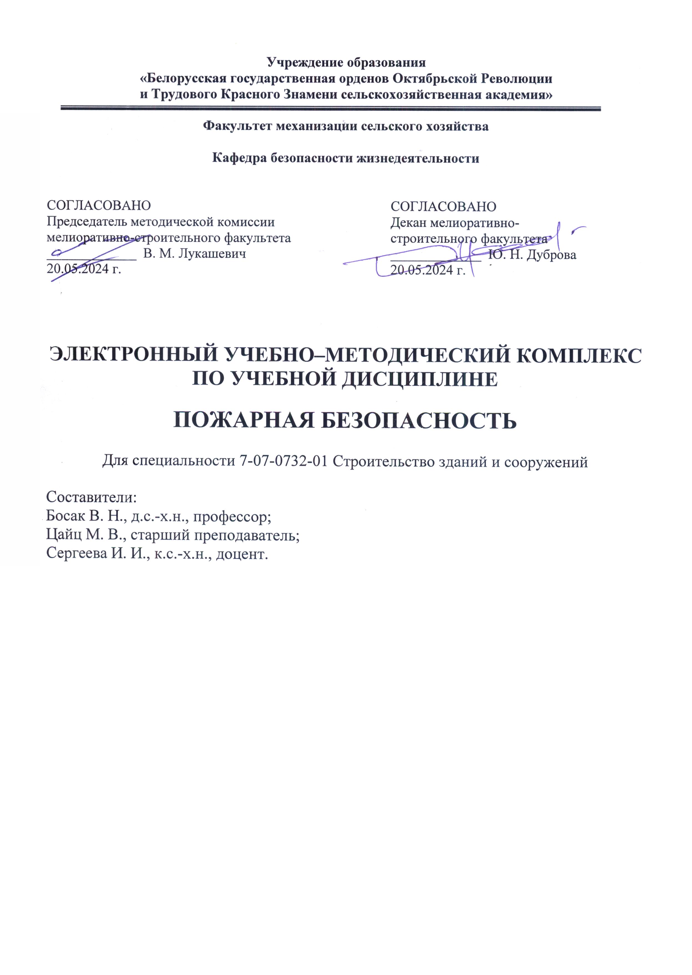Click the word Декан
pos(409,223)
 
